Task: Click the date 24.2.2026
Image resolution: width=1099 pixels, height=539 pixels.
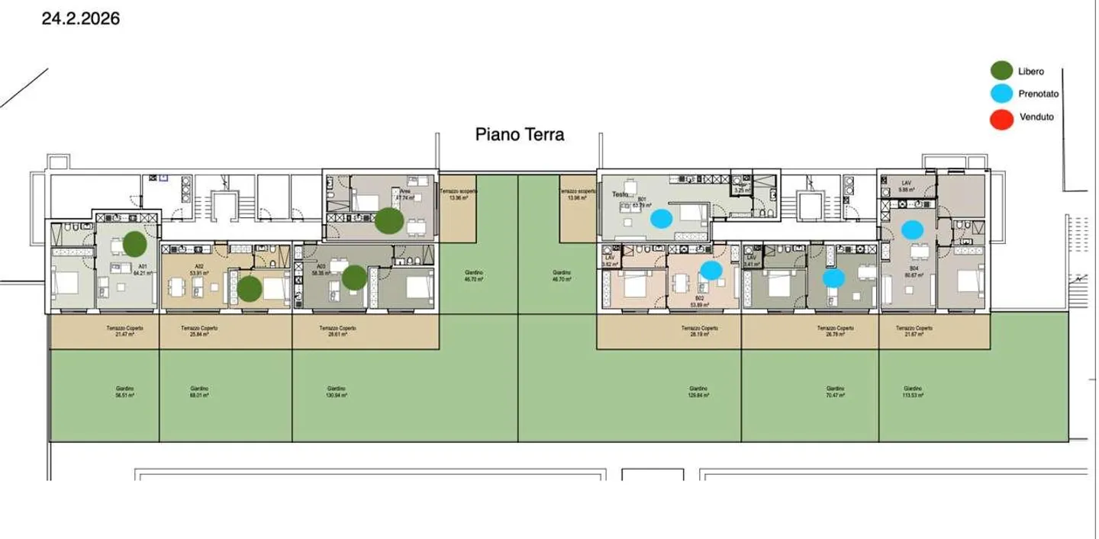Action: click(x=80, y=19)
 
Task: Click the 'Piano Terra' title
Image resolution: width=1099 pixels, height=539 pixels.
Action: click(x=520, y=135)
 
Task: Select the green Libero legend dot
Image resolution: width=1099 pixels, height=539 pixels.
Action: click(x=1001, y=72)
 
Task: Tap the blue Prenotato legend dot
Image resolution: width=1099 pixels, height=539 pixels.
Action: click(x=1001, y=95)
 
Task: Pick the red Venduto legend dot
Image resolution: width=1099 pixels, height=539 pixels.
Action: click(x=1001, y=118)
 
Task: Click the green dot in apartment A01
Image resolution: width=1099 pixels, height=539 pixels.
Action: click(x=134, y=244)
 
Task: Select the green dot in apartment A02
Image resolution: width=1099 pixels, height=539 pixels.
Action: click(x=249, y=288)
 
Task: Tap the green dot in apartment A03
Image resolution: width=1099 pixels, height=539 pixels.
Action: click(x=354, y=278)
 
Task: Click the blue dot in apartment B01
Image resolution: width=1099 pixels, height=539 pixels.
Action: click(x=662, y=219)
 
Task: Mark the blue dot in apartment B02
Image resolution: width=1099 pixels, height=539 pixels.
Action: click(x=711, y=270)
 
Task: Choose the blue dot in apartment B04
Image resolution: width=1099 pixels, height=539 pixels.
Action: click(x=912, y=229)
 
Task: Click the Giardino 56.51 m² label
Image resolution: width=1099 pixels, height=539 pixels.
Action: click(x=121, y=392)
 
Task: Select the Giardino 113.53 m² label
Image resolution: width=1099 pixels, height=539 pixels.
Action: click(x=913, y=392)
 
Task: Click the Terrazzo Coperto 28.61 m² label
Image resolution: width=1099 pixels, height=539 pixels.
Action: click(x=337, y=332)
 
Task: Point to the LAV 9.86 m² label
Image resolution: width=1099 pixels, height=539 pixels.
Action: click(x=907, y=187)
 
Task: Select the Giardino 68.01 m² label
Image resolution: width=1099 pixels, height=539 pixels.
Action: click(x=199, y=392)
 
